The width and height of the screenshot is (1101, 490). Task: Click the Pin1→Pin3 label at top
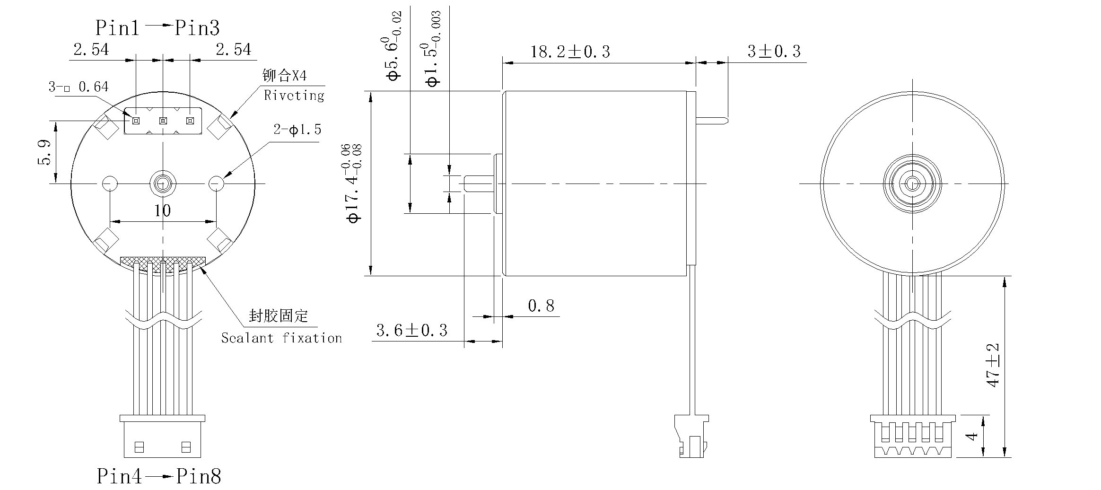coord(157,28)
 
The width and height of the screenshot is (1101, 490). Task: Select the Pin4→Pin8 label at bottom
coord(159,476)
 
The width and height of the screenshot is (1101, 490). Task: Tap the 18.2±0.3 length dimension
coord(570,52)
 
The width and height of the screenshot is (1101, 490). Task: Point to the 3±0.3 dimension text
coord(774,51)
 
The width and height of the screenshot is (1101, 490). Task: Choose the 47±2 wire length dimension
coord(993,365)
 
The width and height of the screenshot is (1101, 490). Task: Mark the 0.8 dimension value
coord(541,306)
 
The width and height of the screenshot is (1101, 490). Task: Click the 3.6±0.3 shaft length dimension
coord(411,330)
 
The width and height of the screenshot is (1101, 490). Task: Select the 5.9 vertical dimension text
coord(44,152)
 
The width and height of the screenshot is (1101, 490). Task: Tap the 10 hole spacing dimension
coord(162,210)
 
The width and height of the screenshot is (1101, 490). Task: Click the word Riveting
coord(294,96)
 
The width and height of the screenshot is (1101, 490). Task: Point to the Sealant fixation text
coord(281,338)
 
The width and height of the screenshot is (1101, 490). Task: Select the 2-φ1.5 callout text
coord(297,130)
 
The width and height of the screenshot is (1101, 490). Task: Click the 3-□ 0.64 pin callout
coord(79,87)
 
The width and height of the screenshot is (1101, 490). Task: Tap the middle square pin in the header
coord(163,121)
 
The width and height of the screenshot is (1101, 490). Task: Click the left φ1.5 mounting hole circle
coord(110,183)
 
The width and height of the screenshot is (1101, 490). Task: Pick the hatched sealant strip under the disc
coord(163,262)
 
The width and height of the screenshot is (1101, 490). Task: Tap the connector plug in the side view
coord(692,436)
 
